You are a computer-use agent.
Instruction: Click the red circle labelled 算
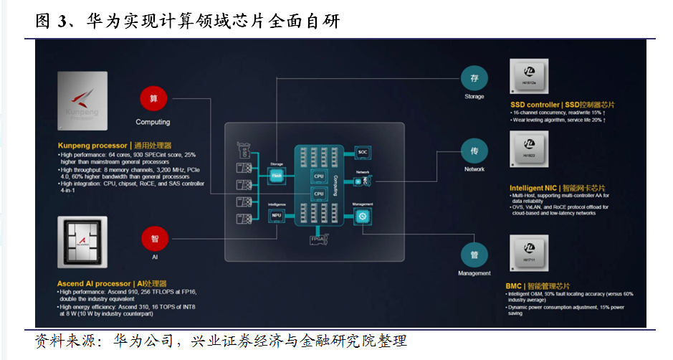(x=153, y=98)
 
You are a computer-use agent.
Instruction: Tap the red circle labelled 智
(x=153, y=237)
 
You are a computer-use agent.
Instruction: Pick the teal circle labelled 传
(x=474, y=151)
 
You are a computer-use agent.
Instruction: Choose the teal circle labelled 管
(x=474, y=255)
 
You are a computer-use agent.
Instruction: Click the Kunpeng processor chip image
(x=82, y=100)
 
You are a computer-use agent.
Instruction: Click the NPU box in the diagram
(x=277, y=214)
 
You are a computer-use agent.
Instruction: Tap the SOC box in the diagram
(x=363, y=153)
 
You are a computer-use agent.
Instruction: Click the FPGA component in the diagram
(x=315, y=240)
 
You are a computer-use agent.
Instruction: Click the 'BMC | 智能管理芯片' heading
(x=538, y=285)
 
